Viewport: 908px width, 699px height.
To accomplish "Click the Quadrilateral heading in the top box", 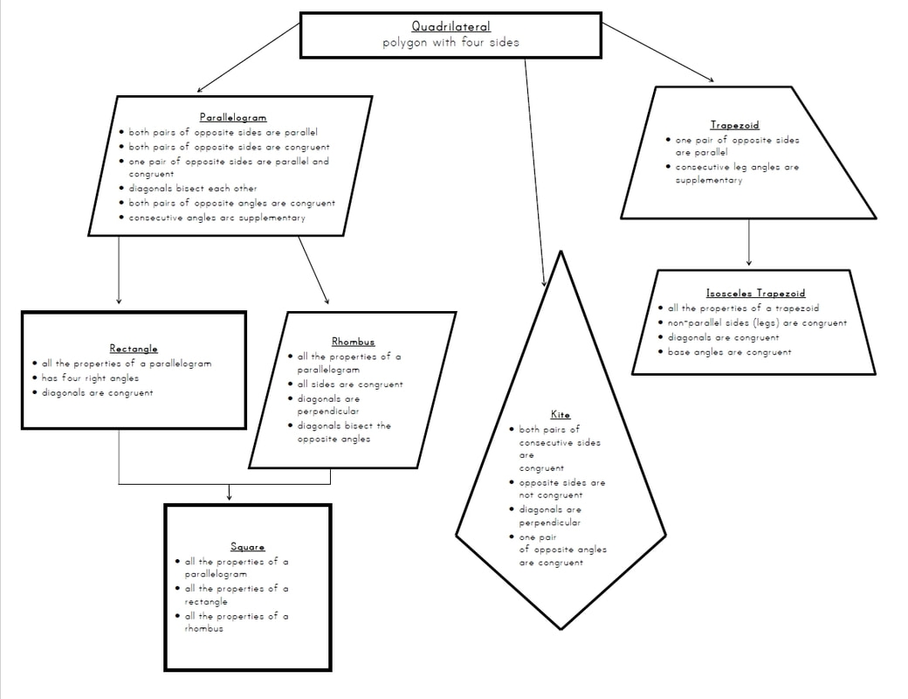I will [451, 27].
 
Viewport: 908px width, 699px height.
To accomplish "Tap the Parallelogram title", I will [233, 117].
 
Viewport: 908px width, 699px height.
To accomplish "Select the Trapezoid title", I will [734, 125].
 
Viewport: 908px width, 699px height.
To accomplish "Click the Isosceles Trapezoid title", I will [755, 294].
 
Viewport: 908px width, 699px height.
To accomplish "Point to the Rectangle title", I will [134, 349].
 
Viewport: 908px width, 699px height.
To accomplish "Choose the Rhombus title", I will [353, 342].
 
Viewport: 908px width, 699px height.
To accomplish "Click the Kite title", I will [560, 414].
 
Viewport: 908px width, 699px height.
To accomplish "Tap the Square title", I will [247, 547].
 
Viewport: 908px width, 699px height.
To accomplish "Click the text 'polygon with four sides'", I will [451, 43].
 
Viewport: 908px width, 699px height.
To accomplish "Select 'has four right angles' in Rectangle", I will [90, 378].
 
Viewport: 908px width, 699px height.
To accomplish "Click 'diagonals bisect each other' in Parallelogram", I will [193, 188].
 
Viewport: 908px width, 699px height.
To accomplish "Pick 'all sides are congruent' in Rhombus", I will [350, 384].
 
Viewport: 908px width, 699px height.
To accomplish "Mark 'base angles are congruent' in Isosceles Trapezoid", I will [730, 352].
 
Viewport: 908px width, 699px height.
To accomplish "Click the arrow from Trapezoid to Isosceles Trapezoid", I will [748, 242].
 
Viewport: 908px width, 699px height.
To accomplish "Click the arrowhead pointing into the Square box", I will [229, 496].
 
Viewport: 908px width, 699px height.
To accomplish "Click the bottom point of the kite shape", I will [561, 627].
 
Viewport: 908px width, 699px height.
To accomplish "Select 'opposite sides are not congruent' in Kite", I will [561, 488].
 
